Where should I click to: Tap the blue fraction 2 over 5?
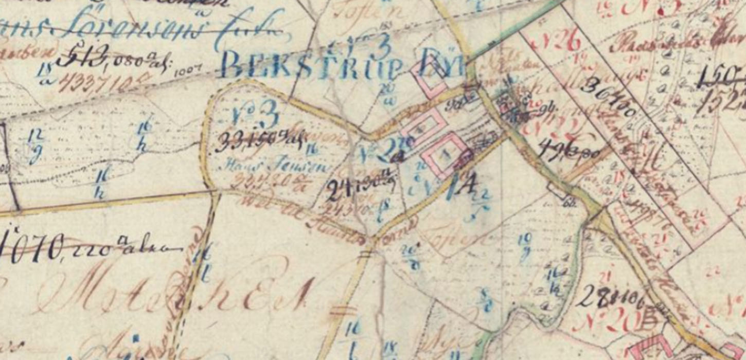pyautogui.click(x=482, y=204)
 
